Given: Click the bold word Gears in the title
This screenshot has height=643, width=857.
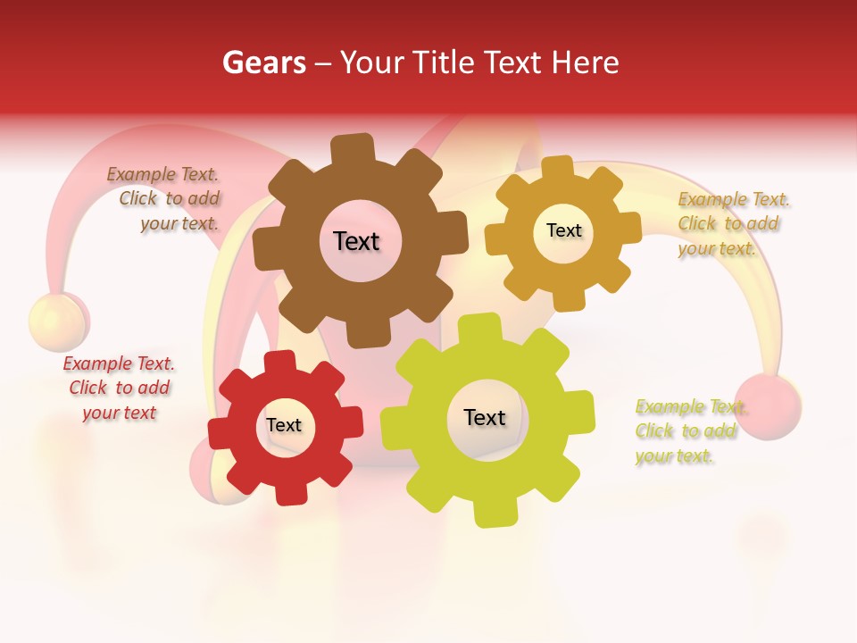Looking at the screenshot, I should click(x=263, y=63).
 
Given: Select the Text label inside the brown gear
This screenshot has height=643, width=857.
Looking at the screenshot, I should click(x=356, y=241).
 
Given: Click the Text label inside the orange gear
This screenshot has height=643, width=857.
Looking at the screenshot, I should click(x=564, y=230).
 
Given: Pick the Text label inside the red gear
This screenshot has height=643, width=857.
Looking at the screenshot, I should click(x=284, y=425).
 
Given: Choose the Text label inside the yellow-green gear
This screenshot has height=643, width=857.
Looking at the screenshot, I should click(x=485, y=417).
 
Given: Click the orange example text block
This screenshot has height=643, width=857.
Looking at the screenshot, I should click(x=732, y=223).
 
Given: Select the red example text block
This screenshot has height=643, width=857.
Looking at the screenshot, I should click(x=119, y=388).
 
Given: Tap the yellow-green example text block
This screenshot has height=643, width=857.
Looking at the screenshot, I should click(x=689, y=431).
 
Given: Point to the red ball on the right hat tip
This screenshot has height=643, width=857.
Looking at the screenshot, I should click(x=768, y=406).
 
